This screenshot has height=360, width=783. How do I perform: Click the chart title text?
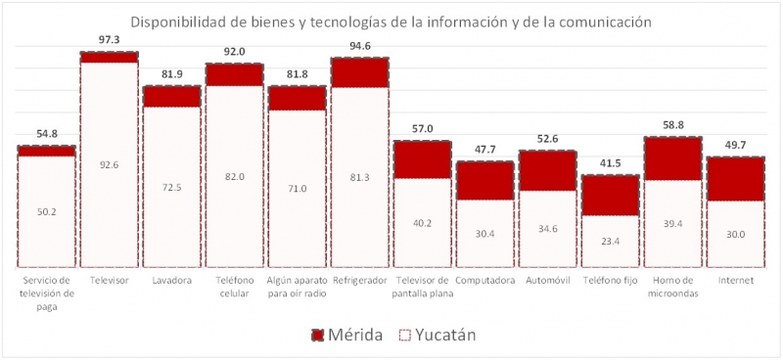point(391,22)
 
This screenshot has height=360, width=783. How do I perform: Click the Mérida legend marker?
point(318,336)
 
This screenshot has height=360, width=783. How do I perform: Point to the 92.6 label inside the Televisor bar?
point(109,165)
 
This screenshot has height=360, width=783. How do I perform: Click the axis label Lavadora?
point(171,281)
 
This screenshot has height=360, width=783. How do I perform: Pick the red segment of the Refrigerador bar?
point(359,72)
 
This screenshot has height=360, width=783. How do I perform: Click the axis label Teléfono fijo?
point(610,281)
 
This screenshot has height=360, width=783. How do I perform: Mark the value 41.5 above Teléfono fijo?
point(610,162)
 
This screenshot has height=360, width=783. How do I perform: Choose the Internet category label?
point(735,281)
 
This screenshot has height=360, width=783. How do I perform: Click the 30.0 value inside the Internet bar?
point(735,235)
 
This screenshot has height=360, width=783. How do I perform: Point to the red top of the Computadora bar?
point(484,180)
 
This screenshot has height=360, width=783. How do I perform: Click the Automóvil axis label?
point(547,281)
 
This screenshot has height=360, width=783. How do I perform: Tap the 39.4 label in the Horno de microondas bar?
point(672,223)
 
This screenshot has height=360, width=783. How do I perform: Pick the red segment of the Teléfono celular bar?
point(234,74)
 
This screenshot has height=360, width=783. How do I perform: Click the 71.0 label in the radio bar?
point(297,188)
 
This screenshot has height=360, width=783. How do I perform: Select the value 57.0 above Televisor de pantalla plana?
point(422,128)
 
